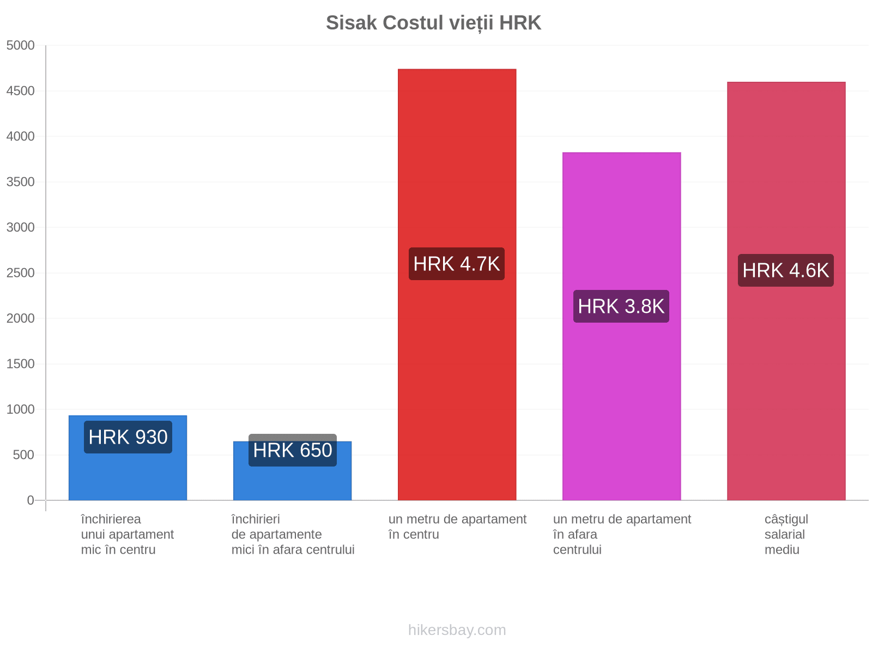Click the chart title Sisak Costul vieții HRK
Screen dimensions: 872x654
433,23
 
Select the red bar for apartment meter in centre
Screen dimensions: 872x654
457,284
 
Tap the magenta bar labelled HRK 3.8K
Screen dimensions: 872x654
621,326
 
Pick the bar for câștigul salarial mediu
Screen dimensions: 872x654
786,291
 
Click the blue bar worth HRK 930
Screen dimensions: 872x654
128,458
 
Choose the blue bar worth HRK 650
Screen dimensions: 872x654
292,470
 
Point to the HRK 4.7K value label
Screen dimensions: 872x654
457,264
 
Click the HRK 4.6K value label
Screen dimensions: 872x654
786,270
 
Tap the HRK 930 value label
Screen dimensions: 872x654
128,437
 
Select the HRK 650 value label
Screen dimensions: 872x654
292,450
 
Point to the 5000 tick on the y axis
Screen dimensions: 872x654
20,45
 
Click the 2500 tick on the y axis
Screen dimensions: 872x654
20,273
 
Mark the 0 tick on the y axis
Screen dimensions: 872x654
30,500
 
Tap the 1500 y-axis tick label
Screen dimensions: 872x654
20,364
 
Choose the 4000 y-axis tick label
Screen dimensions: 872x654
20,136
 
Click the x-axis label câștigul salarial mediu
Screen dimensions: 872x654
786,535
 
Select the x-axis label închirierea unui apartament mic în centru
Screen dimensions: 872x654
128,535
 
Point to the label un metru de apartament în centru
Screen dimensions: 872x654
457,527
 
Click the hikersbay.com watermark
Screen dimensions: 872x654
457,630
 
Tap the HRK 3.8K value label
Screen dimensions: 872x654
621,306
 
